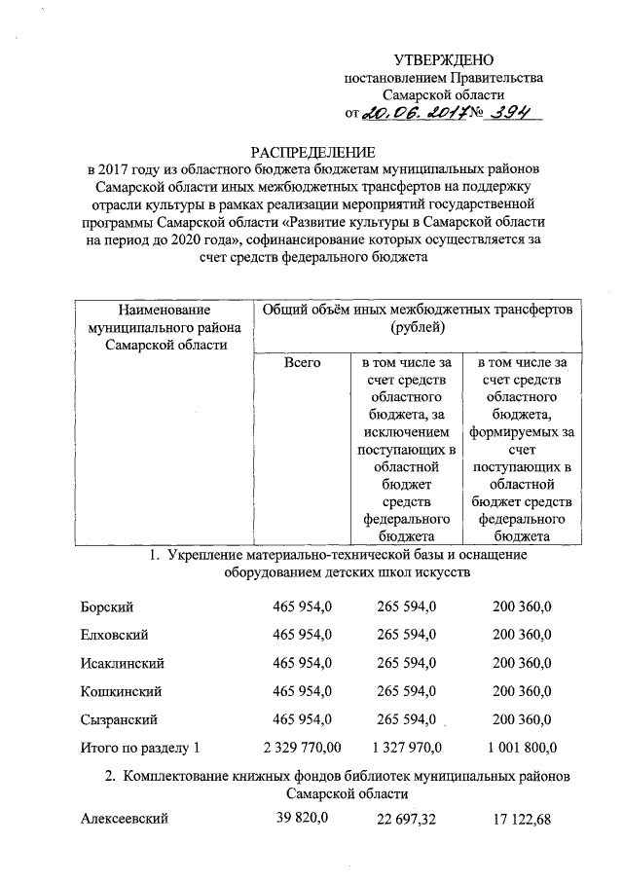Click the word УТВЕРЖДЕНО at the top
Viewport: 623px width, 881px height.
444,61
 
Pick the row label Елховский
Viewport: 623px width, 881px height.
114,635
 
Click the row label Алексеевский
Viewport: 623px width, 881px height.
124,820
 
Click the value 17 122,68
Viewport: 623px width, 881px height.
522,821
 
